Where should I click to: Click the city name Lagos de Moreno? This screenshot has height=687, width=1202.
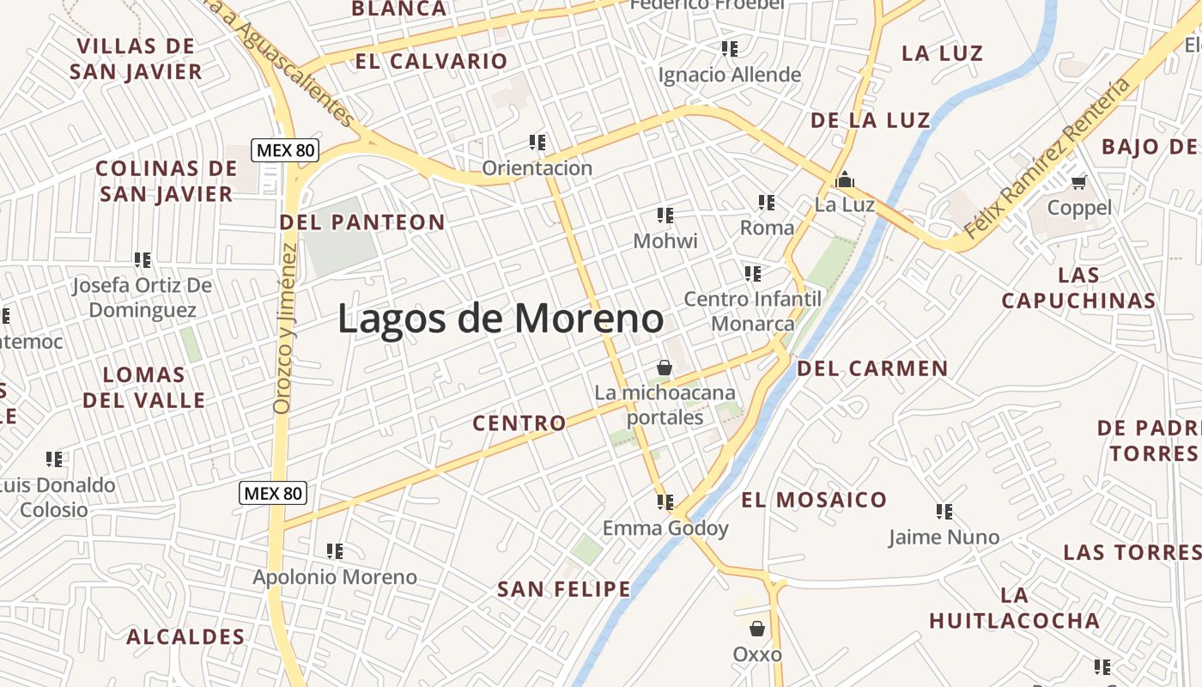point(501,319)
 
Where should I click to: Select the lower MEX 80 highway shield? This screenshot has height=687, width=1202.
point(273,493)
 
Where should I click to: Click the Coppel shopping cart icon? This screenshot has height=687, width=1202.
point(1079,182)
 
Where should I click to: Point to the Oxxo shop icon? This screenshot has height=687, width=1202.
point(756,629)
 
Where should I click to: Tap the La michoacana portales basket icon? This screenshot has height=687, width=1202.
point(664,368)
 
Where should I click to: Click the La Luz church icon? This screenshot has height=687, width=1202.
point(845,179)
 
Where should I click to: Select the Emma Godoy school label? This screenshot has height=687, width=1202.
point(665,528)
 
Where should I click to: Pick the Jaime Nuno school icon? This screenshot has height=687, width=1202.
point(944,512)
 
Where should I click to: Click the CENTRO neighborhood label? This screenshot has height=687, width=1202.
point(519,423)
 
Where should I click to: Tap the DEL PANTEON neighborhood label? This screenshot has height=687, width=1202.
point(362,222)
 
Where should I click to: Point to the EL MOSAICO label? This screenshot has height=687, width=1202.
point(814,500)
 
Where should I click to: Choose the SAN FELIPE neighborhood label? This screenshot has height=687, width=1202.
point(564,589)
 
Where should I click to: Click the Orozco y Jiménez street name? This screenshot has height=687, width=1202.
point(285,328)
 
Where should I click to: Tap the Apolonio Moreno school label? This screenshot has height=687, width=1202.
point(335,577)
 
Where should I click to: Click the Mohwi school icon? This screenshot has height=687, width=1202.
point(665,215)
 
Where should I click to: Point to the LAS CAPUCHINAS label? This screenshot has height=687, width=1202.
point(1078,288)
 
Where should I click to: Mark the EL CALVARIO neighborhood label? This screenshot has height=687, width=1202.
point(431,61)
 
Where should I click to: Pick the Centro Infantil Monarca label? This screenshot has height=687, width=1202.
point(752,311)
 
